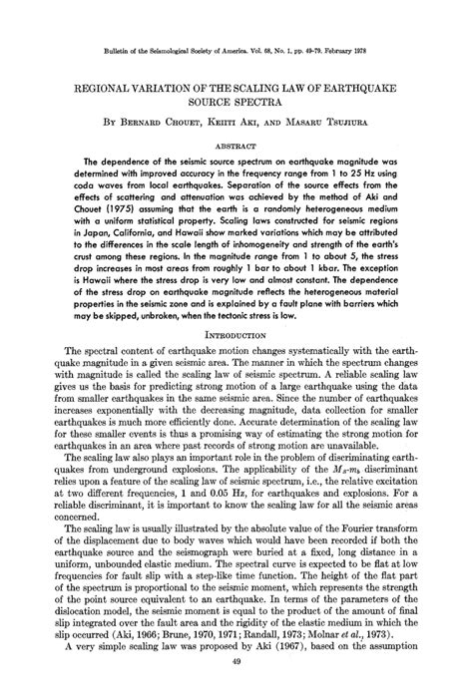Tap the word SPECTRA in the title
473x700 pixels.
click(x=260, y=104)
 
